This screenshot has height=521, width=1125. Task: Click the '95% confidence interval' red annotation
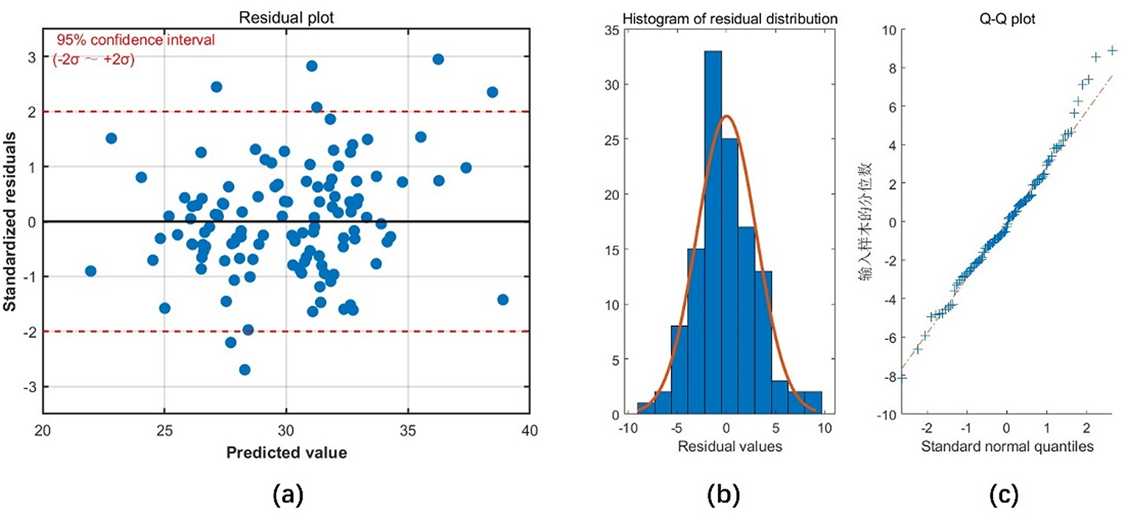pos(135,40)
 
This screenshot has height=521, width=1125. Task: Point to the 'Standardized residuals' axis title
pos(11,221)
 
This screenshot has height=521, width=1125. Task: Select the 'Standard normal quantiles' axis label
pos(1006,446)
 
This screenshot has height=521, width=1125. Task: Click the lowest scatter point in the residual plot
pos(245,369)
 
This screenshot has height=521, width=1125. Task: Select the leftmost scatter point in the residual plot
pos(91,270)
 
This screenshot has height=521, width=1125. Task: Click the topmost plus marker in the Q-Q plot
pos(1112,50)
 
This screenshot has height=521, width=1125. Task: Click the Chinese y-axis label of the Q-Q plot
pos(870,221)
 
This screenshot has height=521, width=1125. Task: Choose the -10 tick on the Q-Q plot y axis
pos(885,415)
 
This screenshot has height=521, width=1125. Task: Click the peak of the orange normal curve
pos(725,116)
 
